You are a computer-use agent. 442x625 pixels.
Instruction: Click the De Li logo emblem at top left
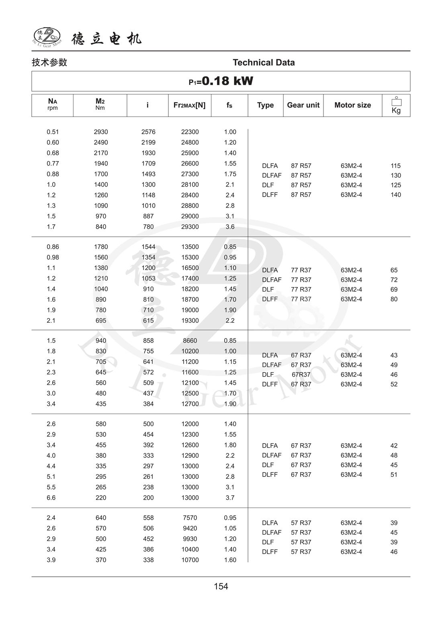[x=47, y=37]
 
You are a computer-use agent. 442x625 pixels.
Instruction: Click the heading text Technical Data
[x=264, y=63]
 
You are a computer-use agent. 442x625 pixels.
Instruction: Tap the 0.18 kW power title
[x=221, y=81]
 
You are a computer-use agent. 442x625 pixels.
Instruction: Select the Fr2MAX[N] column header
[x=189, y=105]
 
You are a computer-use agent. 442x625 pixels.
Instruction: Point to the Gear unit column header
[x=303, y=105]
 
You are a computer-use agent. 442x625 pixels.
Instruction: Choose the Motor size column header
[x=352, y=105]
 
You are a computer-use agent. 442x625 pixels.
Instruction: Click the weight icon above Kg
[x=396, y=101]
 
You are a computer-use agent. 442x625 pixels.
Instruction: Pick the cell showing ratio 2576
[x=148, y=132]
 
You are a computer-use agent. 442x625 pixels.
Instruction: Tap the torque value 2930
[x=101, y=132]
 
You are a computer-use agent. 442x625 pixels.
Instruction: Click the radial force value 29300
[x=190, y=227]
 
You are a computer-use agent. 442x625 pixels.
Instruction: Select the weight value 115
[x=395, y=166]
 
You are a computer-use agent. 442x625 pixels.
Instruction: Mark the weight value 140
[x=395, y=195]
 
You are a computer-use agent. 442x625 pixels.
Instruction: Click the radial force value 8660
[x=190, y=341]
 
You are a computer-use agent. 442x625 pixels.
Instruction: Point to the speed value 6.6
[x=51, y=498]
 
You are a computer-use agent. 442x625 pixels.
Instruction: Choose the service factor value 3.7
[x=230, y=498]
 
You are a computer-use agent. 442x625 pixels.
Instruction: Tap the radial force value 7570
[x=190, y=518]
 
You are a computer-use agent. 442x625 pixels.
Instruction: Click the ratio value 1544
[x=148, y=247]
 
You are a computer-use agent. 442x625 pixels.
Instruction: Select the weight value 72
[x=394, y=280]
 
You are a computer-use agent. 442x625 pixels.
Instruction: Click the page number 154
[x=221, y=586]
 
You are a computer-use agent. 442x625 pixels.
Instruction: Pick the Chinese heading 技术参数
[x=49, y=63]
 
